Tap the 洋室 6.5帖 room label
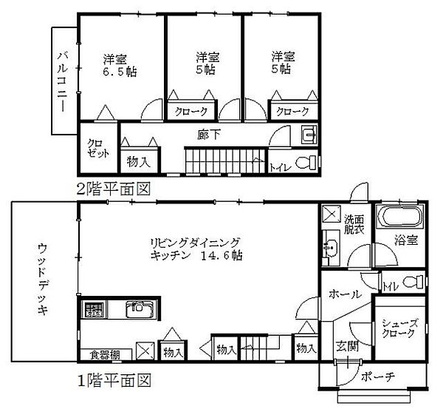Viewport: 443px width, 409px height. [117, 64]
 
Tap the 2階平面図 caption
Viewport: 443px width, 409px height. [114, 189]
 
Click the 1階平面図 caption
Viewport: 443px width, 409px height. [114, 382]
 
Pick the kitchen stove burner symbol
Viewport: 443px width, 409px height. [93, 308]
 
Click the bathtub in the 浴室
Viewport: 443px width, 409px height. [399, 218]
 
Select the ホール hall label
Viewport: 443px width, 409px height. [346, 294]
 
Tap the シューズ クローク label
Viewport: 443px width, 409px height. [399, 327]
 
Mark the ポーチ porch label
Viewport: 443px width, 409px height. [380, 377]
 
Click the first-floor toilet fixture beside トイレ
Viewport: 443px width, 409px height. [416, 281]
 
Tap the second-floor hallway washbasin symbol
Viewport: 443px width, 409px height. [309, 134]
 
